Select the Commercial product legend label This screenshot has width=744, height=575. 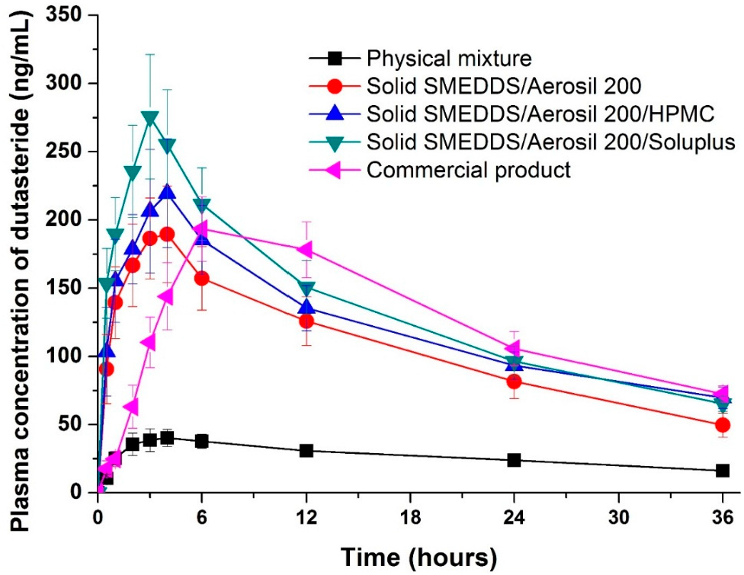tap(468, 169)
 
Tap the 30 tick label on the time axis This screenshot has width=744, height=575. tap(618, 517)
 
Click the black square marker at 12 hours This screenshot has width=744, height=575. tap(306, 450)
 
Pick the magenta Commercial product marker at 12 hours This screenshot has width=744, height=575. tap(306, 250)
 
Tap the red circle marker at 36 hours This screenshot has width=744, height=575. tap(723, 425)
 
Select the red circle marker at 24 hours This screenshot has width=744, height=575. tap(515, 382)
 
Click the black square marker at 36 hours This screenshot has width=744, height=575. tap(723, 471)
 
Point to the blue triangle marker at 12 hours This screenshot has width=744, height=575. tap(306, 307)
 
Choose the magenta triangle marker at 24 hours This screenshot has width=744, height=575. tap(513, 349)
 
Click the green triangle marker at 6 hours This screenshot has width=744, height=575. tap(202, 206)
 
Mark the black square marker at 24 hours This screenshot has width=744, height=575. tap(515, 460)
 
